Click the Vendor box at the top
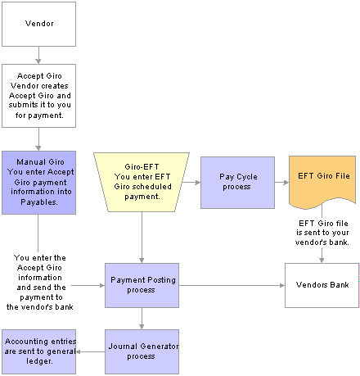[38, 24]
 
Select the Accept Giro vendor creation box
[38, 96]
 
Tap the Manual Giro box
[38, 183]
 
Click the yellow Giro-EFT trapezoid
[142, 182]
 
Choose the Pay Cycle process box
[237, 183]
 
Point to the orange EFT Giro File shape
[322, 182]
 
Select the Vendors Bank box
[322, 285]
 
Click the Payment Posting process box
[142, 285]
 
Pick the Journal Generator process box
[142, 351]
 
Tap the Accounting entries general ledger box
[38, 351]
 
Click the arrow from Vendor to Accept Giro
[38, 55]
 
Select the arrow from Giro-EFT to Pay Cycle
[191, 183]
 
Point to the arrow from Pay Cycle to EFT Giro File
[281, 183]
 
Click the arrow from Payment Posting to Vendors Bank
[232, 285]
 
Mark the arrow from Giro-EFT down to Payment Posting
[142, 238]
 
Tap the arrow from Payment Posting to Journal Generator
[142, 319]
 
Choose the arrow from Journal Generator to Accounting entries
[90, 351]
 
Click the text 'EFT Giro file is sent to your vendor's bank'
[322, 233]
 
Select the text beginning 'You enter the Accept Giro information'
[40, 283]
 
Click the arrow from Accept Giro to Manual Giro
[38, 139]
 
